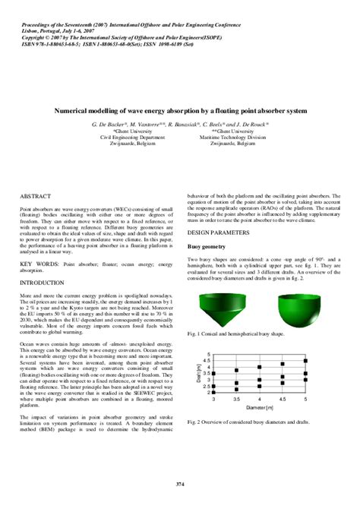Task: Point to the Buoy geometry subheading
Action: [206, 247]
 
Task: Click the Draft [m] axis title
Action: [197, 374]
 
